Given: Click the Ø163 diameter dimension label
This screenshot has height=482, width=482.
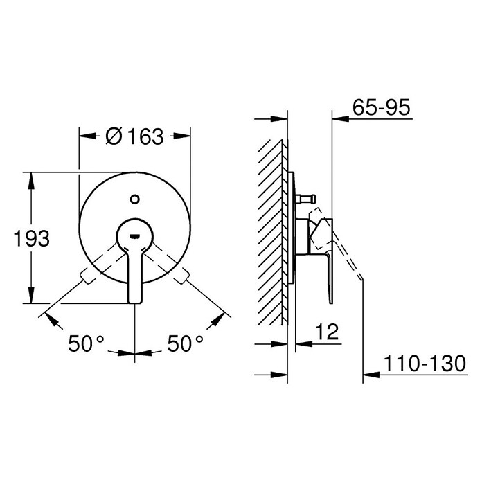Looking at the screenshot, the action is click(x=134, y=136).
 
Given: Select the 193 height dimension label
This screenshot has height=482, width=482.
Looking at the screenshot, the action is click(x=32, y=238).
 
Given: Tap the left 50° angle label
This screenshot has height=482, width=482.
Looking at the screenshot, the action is click(x=86, y=343).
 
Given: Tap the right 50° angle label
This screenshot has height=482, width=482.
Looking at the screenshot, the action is click(x=185, y=343).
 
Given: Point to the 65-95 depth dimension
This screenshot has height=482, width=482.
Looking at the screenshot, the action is click(x=381, y=107).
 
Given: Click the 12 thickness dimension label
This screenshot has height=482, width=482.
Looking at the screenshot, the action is click(x=327, y=332).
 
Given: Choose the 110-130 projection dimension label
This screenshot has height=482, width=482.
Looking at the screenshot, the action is click(x=425, y=364).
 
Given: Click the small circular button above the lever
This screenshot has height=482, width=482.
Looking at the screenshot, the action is click(x=134, y=199).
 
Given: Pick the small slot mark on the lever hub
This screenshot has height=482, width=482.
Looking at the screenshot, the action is click(x=134, y=236).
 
